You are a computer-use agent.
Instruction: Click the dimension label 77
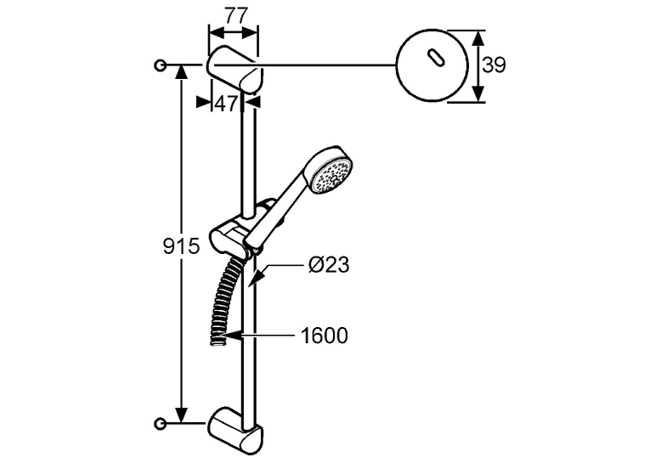click(236, 16)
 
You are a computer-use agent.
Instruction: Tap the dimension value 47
click(227, 104)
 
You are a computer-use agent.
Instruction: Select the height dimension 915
click(181, 247)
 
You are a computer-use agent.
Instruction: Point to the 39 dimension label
click(495, 65)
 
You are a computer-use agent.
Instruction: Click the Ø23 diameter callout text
click(329, 264)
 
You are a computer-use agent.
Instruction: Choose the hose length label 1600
click(325, 336)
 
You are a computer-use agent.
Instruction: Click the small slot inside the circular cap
click(434, 57)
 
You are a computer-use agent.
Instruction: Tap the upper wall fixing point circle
click(160, 65)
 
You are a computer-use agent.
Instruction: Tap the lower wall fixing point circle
click(160, 423)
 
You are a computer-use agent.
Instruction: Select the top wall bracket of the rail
click(235, 70)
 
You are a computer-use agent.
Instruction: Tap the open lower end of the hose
click(217, 342)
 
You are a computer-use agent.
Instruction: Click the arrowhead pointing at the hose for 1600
click(232, 336)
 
